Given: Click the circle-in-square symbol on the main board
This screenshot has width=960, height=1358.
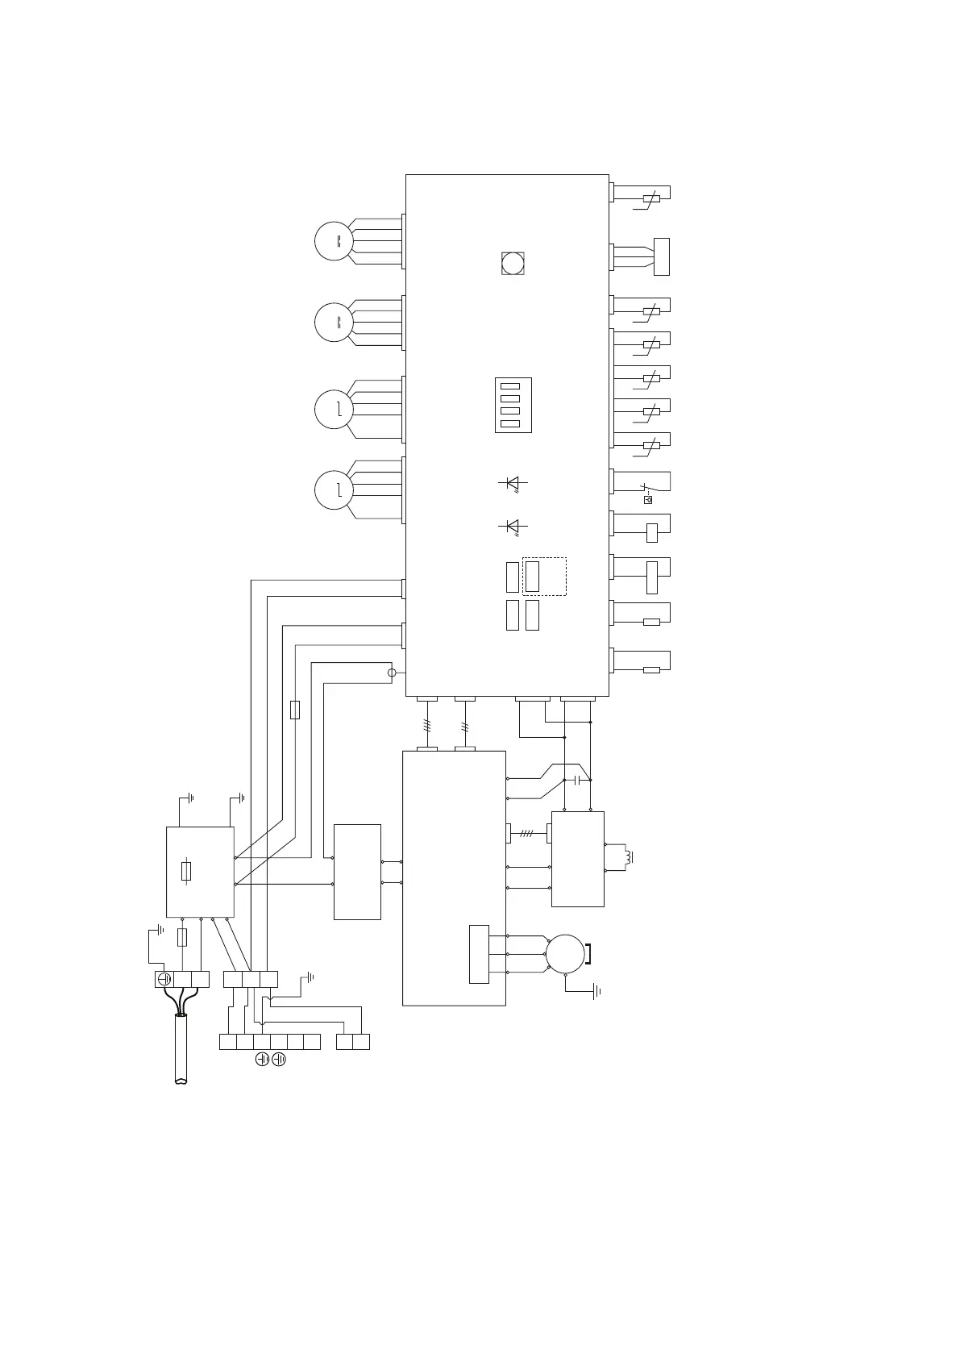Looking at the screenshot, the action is tap(513, 263).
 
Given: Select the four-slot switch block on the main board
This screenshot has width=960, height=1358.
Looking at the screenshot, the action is tap(513, 405).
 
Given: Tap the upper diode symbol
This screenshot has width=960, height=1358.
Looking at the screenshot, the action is tap(512, 483).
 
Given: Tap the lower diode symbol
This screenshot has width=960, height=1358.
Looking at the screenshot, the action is tap(512, 526).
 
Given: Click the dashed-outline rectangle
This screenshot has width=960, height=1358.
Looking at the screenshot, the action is tap(545, 576).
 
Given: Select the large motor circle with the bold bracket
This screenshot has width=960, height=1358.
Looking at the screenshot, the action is tap(565, 954).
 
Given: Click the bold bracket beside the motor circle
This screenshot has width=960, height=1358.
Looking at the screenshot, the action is tap(588, 954).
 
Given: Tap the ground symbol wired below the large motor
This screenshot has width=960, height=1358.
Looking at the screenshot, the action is tap(596, 991).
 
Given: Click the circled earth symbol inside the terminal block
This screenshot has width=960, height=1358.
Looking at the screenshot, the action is tap(164, 979).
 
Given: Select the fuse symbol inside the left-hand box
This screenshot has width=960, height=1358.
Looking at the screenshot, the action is tap(187, 872).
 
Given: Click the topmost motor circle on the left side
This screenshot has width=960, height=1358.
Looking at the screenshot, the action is tap(334, 241).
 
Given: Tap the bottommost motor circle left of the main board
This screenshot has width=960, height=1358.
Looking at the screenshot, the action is tap(334, 490).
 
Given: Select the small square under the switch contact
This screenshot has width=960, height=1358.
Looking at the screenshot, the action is tap(648, 500).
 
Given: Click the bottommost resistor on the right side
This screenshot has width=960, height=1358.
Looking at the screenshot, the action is tap(651, 670).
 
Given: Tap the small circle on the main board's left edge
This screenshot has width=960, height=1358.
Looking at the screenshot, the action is tap(393, 673).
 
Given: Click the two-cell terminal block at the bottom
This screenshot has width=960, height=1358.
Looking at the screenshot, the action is tap(353, 1041).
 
